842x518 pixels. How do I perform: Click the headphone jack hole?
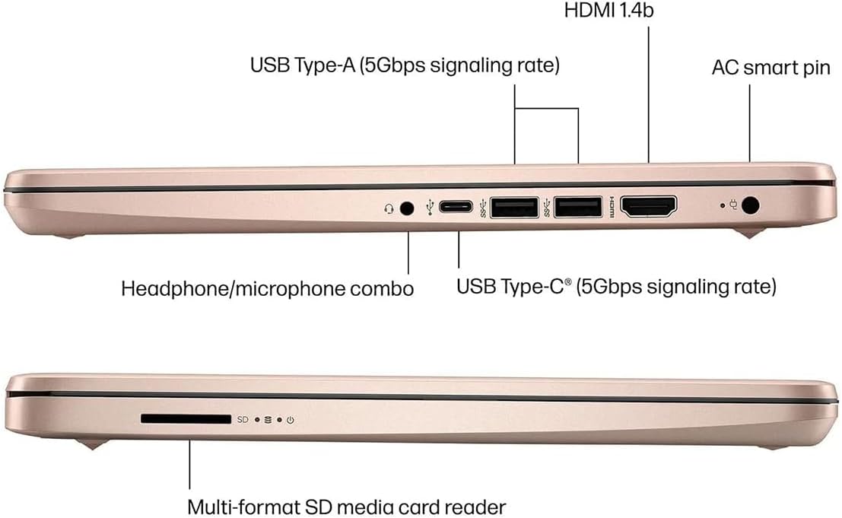pyautogui.click(x=408, y=208)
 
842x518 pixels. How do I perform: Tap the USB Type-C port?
pyautogui.click(x=456, y=206)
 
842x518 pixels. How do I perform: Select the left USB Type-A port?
pyautogui.click(x=514, y=208)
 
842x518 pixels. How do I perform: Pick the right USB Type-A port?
pyautogui.click(x=578, y=208)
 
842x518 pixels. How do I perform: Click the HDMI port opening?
pyautogui.click(x=649, y=207)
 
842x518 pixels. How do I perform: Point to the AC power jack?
pyautogui.click(x=750, y=205)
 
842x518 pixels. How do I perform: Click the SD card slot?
pyautogui.click(x=186, y=418)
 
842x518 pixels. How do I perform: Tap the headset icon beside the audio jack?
pyautogui.click(x=389, y=208)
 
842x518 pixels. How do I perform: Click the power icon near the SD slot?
pyautogui.click(x=291, y=420)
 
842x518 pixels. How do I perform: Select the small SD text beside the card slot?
pyautogui.click(x=243, y=419)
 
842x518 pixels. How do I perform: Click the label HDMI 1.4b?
pyautogui.click(x=609, y=10)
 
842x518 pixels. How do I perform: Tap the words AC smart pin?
pyautogui.click(x=771, y=68)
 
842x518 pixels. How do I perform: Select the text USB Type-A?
pyautogui.click(x=302, y=65)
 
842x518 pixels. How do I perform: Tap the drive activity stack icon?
pyautogui.click(x=268, y=420)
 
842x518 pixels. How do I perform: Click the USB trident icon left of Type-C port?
pyautogui.click(x=430, y=207)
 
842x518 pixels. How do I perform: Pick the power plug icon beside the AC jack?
pyautogui.click(x=733, y=205)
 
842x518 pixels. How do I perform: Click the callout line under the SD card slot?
pyautogui.click(x=189, y=464)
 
